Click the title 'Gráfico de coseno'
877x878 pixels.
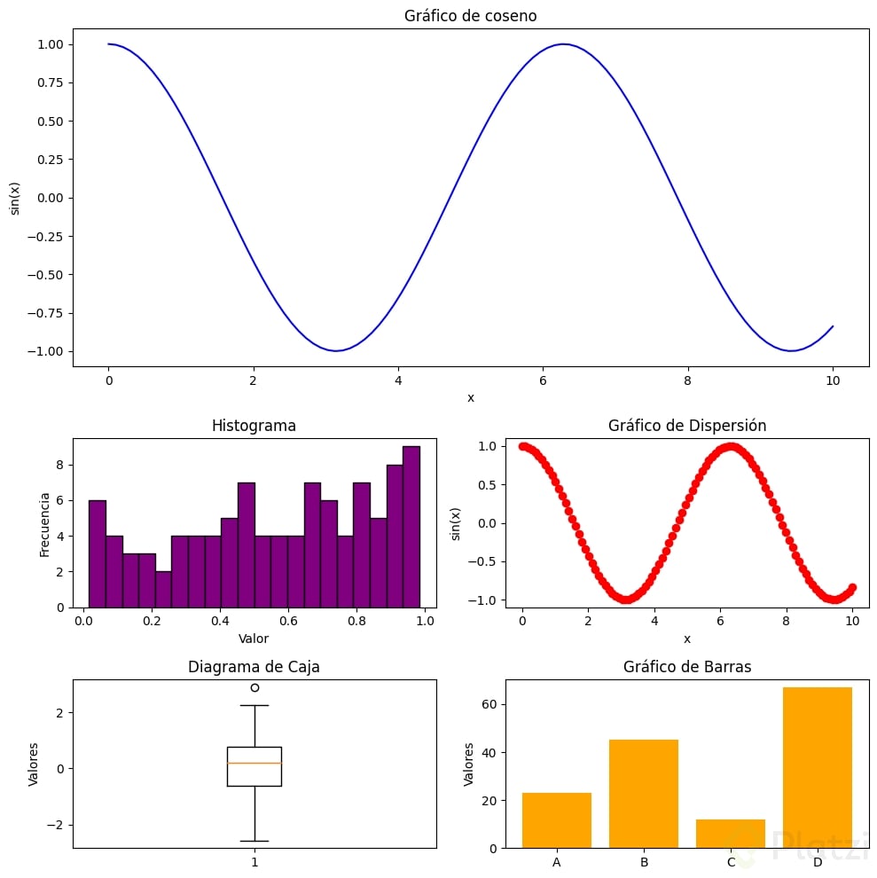[x=470, y=16]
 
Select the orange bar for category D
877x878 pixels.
[x=818, y=767]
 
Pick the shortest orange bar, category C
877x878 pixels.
[x=731, y=834]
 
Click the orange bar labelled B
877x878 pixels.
[x=644, y=794]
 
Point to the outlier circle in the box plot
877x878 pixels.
[x=254, y=687]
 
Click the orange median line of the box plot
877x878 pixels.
[x=254, y=763]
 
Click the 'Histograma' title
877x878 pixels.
[x=254, y=426]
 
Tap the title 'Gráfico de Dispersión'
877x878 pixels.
[x=687, y=426]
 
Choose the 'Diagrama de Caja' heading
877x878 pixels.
[x=254, y=668]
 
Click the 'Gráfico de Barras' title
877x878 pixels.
[x=687, y=668]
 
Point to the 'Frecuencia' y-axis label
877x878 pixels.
[x=45, y=523]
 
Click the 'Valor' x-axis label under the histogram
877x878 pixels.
[x=254, y=638]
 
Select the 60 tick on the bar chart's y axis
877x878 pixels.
[x=489, y=705]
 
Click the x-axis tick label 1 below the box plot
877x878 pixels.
[x=254, y=862]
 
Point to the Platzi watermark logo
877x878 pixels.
[x=798, y=847]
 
